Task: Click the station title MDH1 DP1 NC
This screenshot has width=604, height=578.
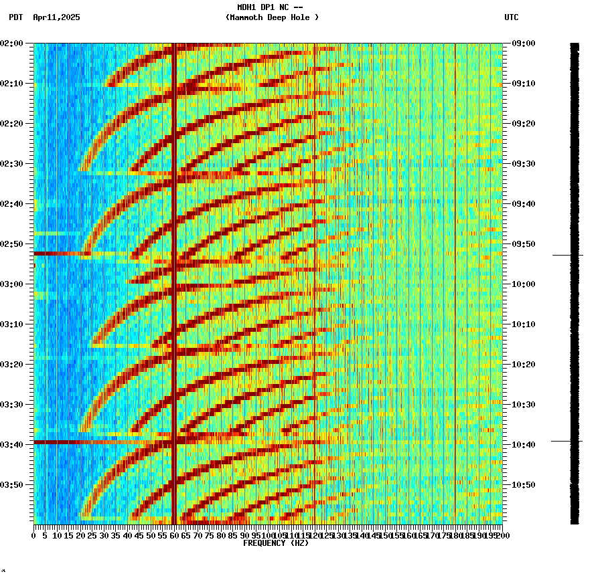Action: [x=265, y=7]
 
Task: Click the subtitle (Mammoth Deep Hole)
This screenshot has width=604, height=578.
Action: [x=272, y=17]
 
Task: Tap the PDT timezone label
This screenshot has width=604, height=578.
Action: [x=15, y=17]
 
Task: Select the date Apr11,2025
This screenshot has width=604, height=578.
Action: [x=56, y=17]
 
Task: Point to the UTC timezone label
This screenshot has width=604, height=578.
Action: [x=511, y=17]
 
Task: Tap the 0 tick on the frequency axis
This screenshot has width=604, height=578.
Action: [x=34, y=536]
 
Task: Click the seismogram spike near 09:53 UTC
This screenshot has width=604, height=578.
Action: [x=567, y=255]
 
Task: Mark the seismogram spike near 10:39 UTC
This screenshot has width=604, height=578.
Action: [x=567, y=441]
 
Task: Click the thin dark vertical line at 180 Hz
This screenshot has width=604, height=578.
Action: [x=455, y=268]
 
